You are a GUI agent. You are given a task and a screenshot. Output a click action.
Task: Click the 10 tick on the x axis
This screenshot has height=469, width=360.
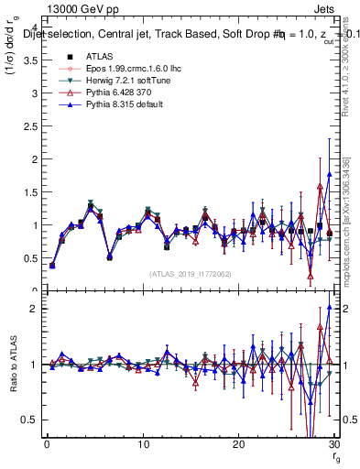pos(142,444)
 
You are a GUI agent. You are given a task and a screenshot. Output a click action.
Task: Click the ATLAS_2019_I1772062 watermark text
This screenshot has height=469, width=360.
pos(191,274)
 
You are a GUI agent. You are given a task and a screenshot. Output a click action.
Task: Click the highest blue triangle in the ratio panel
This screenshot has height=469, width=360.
pos(329,308)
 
